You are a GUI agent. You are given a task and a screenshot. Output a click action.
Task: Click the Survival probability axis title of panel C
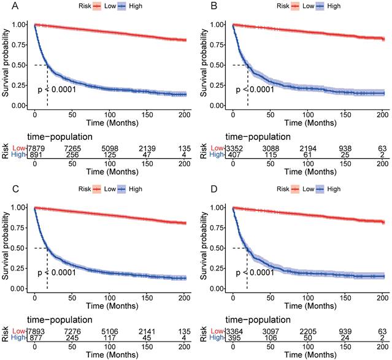[x=6, y=248]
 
